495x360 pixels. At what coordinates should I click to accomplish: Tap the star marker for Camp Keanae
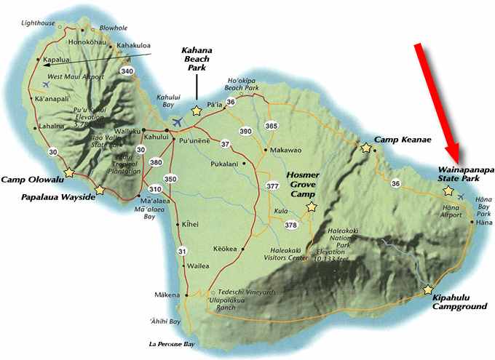click(x=365, y=148)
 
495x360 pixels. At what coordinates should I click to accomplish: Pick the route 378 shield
click(x=291, y=225)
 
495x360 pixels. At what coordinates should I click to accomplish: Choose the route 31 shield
click(x=182, y=252)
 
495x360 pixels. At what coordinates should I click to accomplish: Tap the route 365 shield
click(x=272, y=126)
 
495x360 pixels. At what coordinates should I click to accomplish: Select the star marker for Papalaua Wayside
click(x=100, y=191)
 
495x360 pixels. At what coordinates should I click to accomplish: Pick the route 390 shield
click(x=245, y=131)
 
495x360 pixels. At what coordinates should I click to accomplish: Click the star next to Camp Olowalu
click(x=69, y=172)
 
